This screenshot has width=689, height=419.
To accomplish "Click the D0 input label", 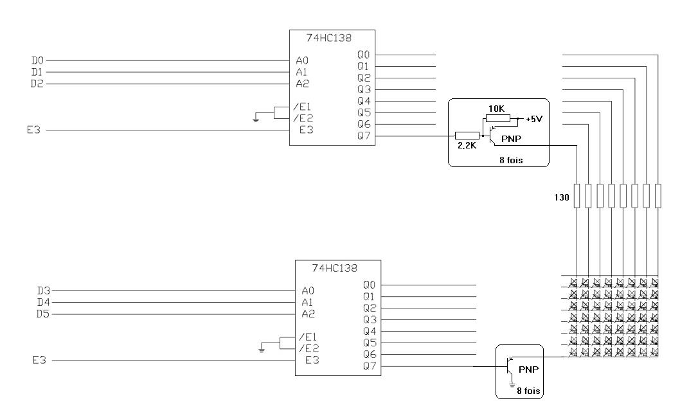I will [37, 60].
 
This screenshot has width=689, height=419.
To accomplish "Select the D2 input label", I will [37, 84].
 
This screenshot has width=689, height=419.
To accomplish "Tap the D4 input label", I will [42, 302].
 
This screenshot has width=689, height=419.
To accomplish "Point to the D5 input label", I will [42, 314].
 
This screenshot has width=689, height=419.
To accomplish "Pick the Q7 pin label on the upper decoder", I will [363, 136].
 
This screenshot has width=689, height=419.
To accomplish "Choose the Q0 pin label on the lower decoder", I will [369, 285].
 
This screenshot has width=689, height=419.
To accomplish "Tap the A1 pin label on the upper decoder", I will [301, 72].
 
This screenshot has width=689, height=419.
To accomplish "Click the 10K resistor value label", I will [497, 109].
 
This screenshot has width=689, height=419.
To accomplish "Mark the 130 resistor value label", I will [562, 198].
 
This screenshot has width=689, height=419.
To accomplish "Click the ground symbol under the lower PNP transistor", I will [512, 384].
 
